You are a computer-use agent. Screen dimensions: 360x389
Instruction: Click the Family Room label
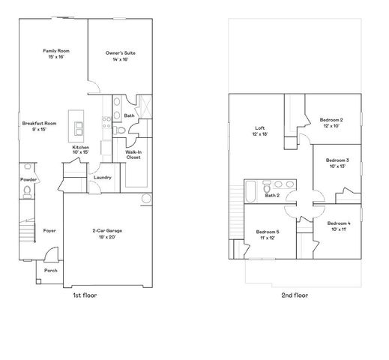tap(55, 50)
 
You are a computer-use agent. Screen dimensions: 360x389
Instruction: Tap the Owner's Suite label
tap(120, 53)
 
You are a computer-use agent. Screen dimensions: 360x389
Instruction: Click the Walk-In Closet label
tap(133, 155)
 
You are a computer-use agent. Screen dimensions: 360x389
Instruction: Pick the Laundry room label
tap(103, 177)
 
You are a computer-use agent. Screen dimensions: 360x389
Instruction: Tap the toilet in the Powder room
tap(27, 193)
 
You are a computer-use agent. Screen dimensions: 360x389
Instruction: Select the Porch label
tap(51, 270)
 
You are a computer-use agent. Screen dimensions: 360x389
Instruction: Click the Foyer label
tap(49, 230)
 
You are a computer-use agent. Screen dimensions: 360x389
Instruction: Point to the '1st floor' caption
tap(84, 295)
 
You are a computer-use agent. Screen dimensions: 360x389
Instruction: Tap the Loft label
tap(259, 127)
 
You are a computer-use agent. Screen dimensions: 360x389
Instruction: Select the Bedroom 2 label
tap(331, 120)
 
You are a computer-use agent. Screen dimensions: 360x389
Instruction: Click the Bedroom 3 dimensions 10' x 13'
tap(337, 166)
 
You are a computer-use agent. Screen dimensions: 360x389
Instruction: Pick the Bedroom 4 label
tap(339, 223)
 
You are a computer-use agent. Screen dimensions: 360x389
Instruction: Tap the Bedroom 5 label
tap(268, 232)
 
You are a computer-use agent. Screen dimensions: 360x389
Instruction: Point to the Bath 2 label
tap(272, 196)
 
